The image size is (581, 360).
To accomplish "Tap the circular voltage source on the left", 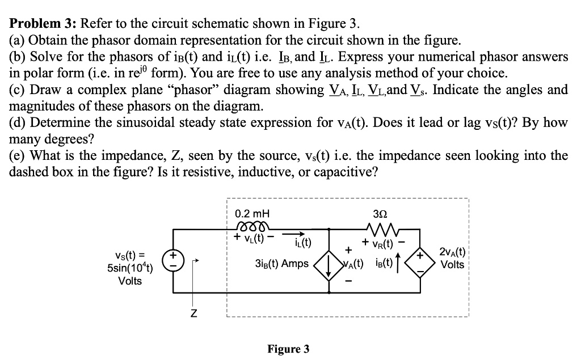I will (172, 260).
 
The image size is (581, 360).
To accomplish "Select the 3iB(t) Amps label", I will (282, 264).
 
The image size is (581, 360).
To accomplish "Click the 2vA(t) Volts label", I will (452, 259).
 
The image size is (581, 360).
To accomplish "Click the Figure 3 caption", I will (288, 349).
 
